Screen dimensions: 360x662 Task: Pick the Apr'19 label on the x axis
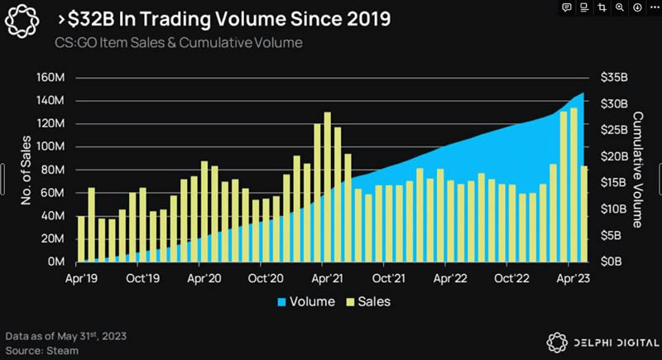coord(81,278)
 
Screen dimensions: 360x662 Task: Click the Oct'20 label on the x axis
coord(267,278)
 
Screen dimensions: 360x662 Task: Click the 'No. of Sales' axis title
coord(26,170)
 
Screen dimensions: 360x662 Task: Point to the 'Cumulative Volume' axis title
coord(638,170)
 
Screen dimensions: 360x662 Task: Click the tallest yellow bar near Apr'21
coord(328,186)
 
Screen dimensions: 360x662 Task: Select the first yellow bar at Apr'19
coord(81,238)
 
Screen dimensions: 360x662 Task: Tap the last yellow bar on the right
coord(584,214)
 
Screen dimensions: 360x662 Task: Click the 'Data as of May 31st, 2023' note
coord(65,336)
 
